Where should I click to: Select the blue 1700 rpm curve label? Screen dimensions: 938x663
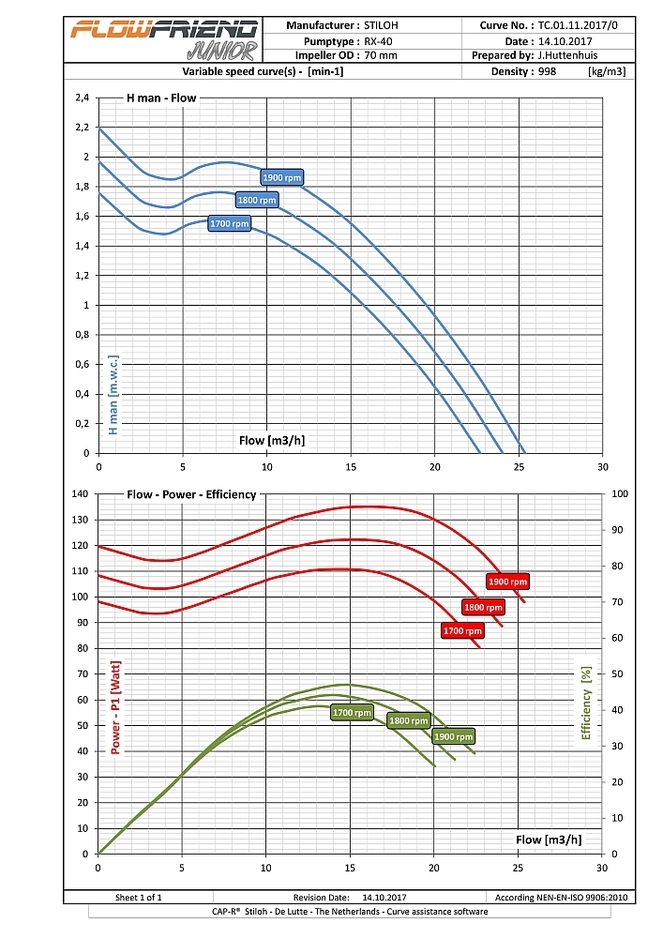click(x=230, y=224)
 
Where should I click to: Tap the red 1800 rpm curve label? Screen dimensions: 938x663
click(x=484, y=608)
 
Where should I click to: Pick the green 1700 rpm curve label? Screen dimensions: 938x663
click(x=352, y=713)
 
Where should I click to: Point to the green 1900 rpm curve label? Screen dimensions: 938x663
click(x=454, y=736)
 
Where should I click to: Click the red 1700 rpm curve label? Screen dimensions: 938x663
click(x=461, y=631)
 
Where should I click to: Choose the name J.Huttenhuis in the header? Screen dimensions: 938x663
click(x=581, y=55)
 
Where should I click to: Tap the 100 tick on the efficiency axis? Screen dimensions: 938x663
click(x=620, y=493)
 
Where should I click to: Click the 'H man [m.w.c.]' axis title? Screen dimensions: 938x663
click(x=113, y=395)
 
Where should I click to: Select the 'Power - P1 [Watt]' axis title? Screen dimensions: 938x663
click(x=116, y=708)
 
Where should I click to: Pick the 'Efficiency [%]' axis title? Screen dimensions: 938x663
click(x=586, y=703)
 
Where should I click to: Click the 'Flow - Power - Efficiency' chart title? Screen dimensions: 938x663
click(x=191, y=494)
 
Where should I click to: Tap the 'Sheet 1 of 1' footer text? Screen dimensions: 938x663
click(x=138, y=898)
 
